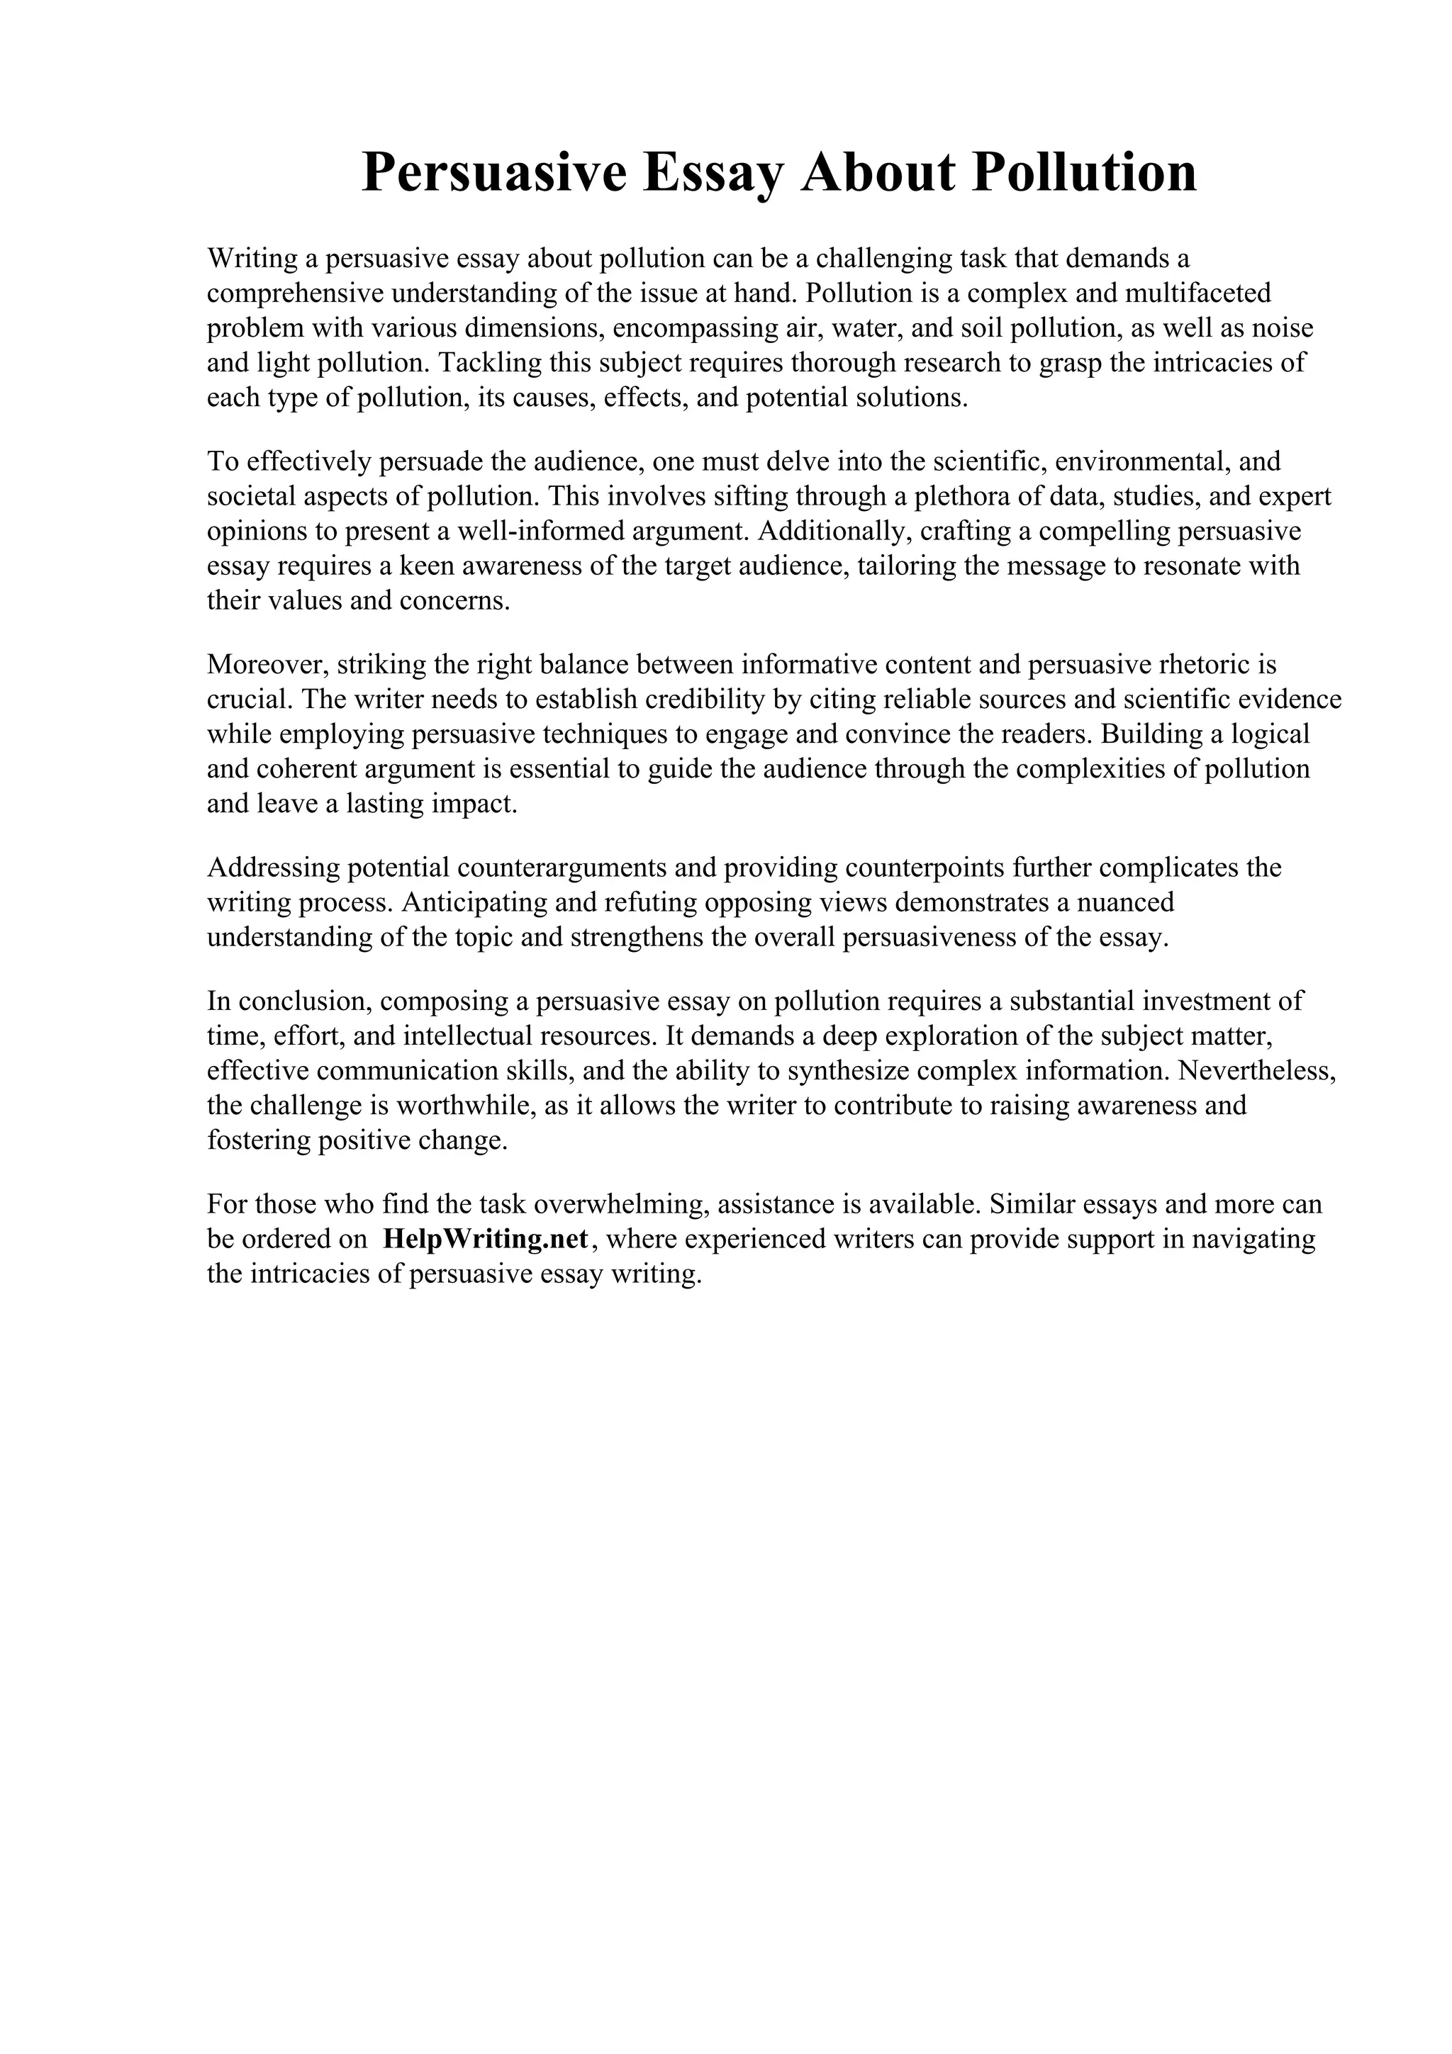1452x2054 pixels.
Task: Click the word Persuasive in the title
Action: coord(494,173)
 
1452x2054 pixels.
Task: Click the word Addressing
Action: coord(273,868)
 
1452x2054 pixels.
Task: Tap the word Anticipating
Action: coord(475,903)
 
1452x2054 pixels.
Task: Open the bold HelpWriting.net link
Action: coord(485,1239)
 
